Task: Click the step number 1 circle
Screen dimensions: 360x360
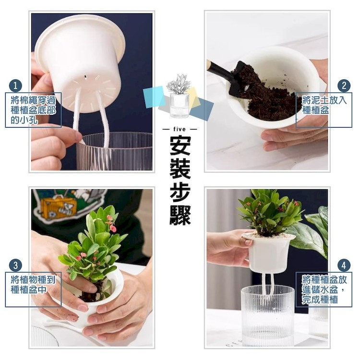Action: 15,86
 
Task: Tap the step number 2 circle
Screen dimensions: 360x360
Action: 344,85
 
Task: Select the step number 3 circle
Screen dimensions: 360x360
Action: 15,265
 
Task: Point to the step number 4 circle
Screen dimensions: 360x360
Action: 344,265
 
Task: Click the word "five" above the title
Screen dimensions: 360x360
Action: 180,129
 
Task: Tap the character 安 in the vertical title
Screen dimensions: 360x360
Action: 180,146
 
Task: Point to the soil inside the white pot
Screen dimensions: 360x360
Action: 266,101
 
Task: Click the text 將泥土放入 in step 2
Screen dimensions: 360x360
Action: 324,100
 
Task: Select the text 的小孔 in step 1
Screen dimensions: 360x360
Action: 24,120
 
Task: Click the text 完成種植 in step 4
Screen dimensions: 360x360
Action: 319,300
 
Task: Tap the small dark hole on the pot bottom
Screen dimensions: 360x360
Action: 85,76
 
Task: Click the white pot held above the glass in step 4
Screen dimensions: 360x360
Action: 268,252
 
